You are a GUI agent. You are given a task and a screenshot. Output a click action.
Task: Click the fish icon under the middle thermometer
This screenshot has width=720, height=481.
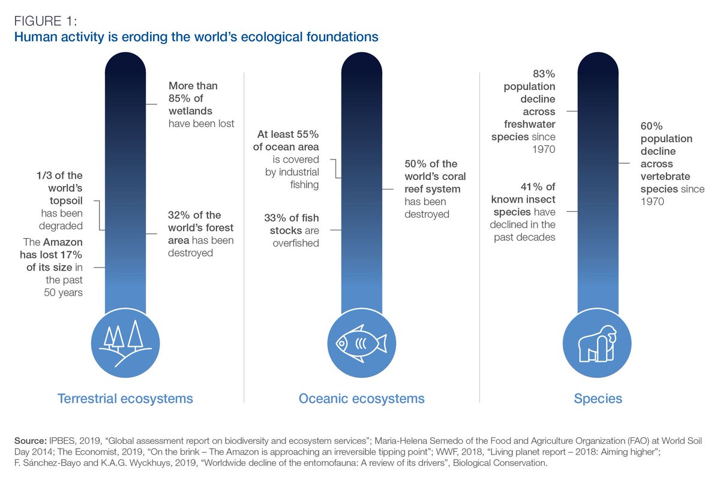(x=361, y=343)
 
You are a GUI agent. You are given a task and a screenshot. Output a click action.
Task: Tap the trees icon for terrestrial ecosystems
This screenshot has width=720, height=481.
(x=125, y=343)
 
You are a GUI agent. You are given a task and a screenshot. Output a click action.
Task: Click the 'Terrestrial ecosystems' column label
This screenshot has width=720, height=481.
(x=125, y=399)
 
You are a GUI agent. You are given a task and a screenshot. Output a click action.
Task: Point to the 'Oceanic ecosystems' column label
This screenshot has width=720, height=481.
(x=361, y=399)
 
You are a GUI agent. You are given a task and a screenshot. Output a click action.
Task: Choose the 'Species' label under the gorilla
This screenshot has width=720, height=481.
(x=598, y=399)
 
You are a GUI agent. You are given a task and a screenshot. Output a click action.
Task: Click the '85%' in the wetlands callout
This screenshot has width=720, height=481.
(x=181, y=98)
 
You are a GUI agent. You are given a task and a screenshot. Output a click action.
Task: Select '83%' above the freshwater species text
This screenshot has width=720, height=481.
(x=544, y=74)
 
